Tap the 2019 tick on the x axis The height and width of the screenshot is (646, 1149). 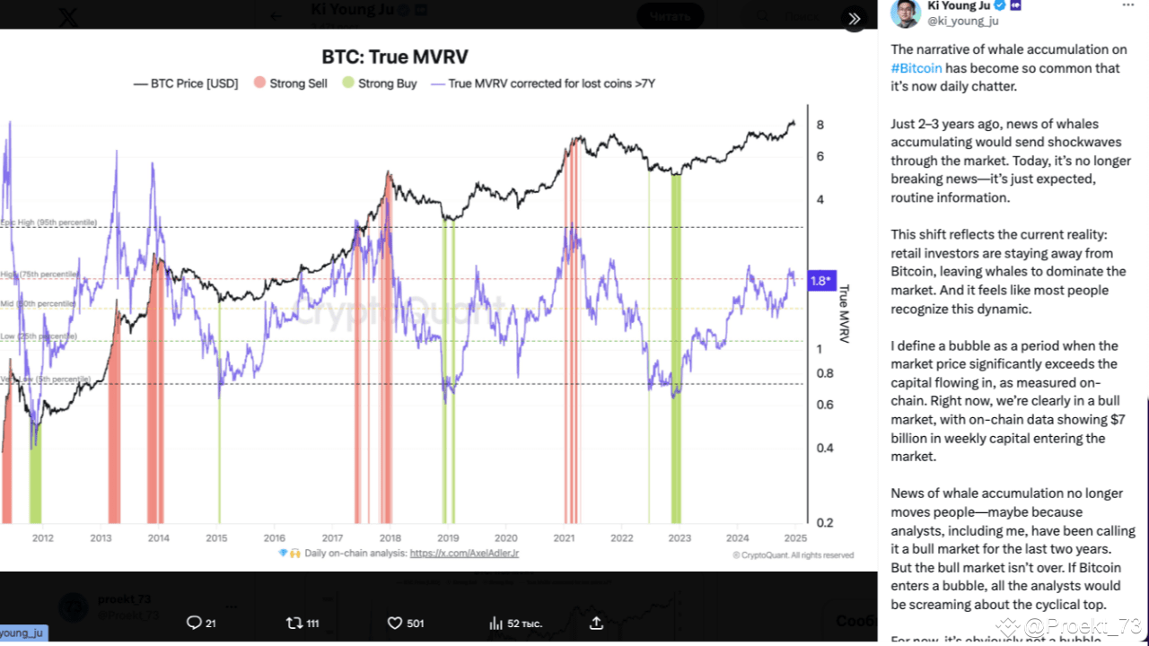click(x=448, y=537)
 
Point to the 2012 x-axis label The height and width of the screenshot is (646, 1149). click(x=43, y=537)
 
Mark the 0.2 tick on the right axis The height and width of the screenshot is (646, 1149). click(x=821, y=522)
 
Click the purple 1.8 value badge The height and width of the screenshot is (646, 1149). click(x=821, y=281)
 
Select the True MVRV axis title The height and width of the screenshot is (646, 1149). click(x=844, y=314)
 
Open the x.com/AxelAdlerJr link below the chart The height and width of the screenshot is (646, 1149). click(x=464, y=554)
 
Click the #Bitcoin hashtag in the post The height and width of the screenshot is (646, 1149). click(x=917, y=68)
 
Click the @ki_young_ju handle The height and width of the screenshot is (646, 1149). click(x=962, y=22)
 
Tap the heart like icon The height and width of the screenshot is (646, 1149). click(x=394, y=623)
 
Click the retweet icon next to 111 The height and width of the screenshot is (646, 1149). click(x=294, y=623)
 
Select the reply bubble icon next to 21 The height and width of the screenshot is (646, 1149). click(x=193, y=623)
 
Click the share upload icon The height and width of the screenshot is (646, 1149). click(x=597, y=623)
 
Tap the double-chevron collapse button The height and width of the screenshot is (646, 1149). click(x=854, y=18)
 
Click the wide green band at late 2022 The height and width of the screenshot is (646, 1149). click(x=676, y=350)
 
